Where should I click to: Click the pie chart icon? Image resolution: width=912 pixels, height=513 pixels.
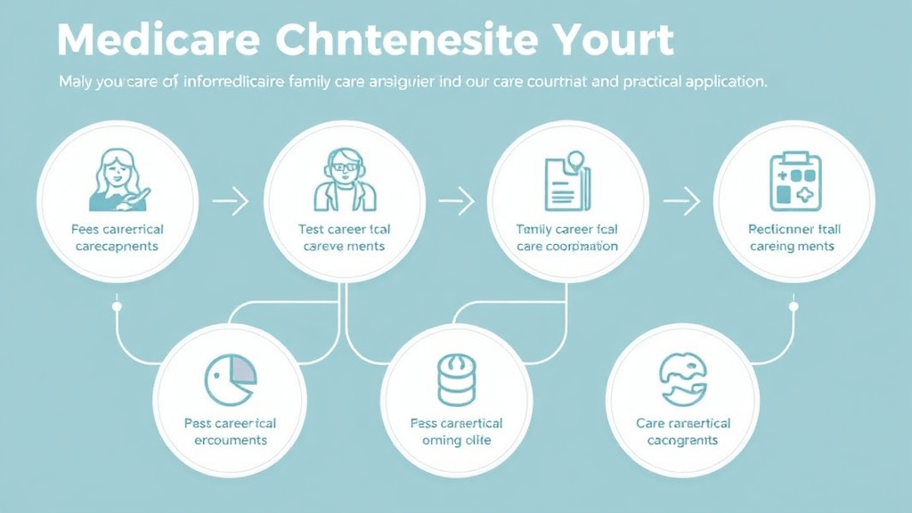tap(231, 381)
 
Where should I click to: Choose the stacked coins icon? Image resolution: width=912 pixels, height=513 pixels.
tap(456, 381)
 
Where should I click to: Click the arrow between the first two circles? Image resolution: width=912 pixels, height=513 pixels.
tap(231, 202)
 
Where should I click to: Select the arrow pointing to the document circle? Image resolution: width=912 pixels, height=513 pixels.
tap(456, 202)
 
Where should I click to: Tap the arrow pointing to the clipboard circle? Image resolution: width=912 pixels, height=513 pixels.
tap(682, 202)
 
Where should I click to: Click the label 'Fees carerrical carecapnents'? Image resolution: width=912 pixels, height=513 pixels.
tap(117, 238)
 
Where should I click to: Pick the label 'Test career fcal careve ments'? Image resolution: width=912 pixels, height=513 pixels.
tap(345, 238)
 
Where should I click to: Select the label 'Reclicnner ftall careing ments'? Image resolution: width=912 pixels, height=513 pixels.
tap(794, 238)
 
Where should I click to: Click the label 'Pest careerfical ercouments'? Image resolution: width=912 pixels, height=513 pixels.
tap(231, 432)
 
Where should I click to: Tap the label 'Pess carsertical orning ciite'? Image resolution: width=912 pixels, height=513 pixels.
tap(456, 432)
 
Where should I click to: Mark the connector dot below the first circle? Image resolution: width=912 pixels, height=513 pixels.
tap(117, 307)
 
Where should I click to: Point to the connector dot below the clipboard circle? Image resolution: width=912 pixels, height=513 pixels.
tap(794, 307)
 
